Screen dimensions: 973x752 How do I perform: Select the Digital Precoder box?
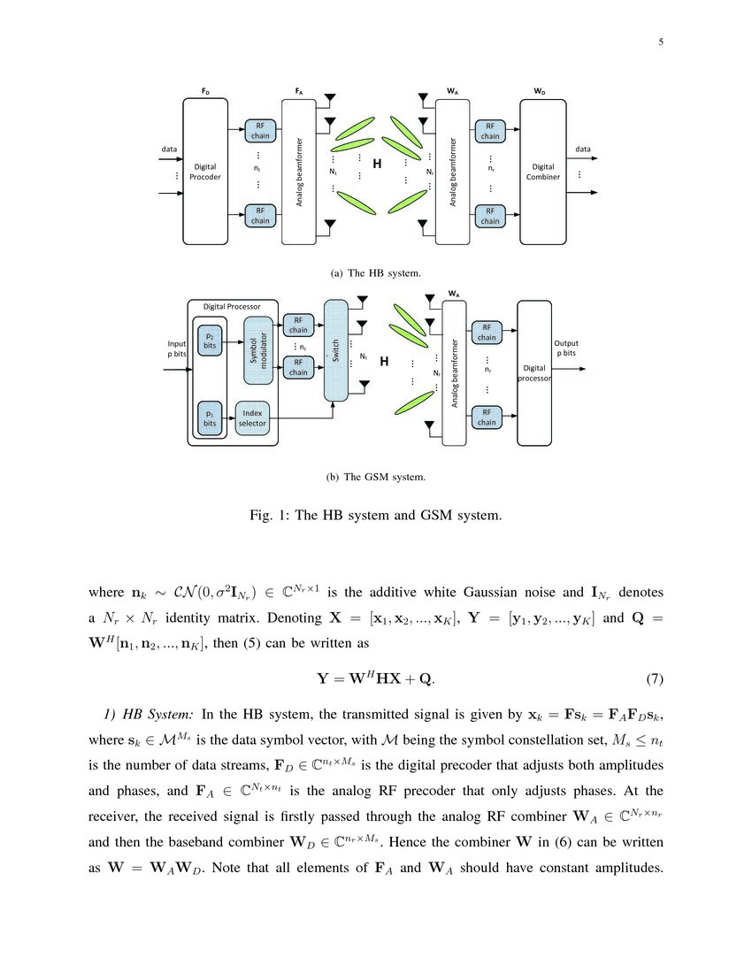click(205, 172)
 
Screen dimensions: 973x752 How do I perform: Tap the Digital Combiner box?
click(542, 172)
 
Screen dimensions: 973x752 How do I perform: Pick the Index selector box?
click(252, 418)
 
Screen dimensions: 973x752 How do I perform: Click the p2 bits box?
click(210, 341)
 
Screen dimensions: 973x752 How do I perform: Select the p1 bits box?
click(210, 418)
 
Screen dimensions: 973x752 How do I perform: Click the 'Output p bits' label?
click(565, 348)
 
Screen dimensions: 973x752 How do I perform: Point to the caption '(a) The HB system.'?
click(376, 273)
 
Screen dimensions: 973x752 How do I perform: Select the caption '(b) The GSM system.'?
click(376, 478)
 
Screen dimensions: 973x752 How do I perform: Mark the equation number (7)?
click(650, 679)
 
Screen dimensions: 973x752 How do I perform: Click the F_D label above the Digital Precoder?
click(205, 91)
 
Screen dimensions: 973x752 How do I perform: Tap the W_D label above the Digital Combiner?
click(540, 91)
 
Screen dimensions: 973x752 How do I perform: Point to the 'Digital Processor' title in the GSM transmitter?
click(232, 307)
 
